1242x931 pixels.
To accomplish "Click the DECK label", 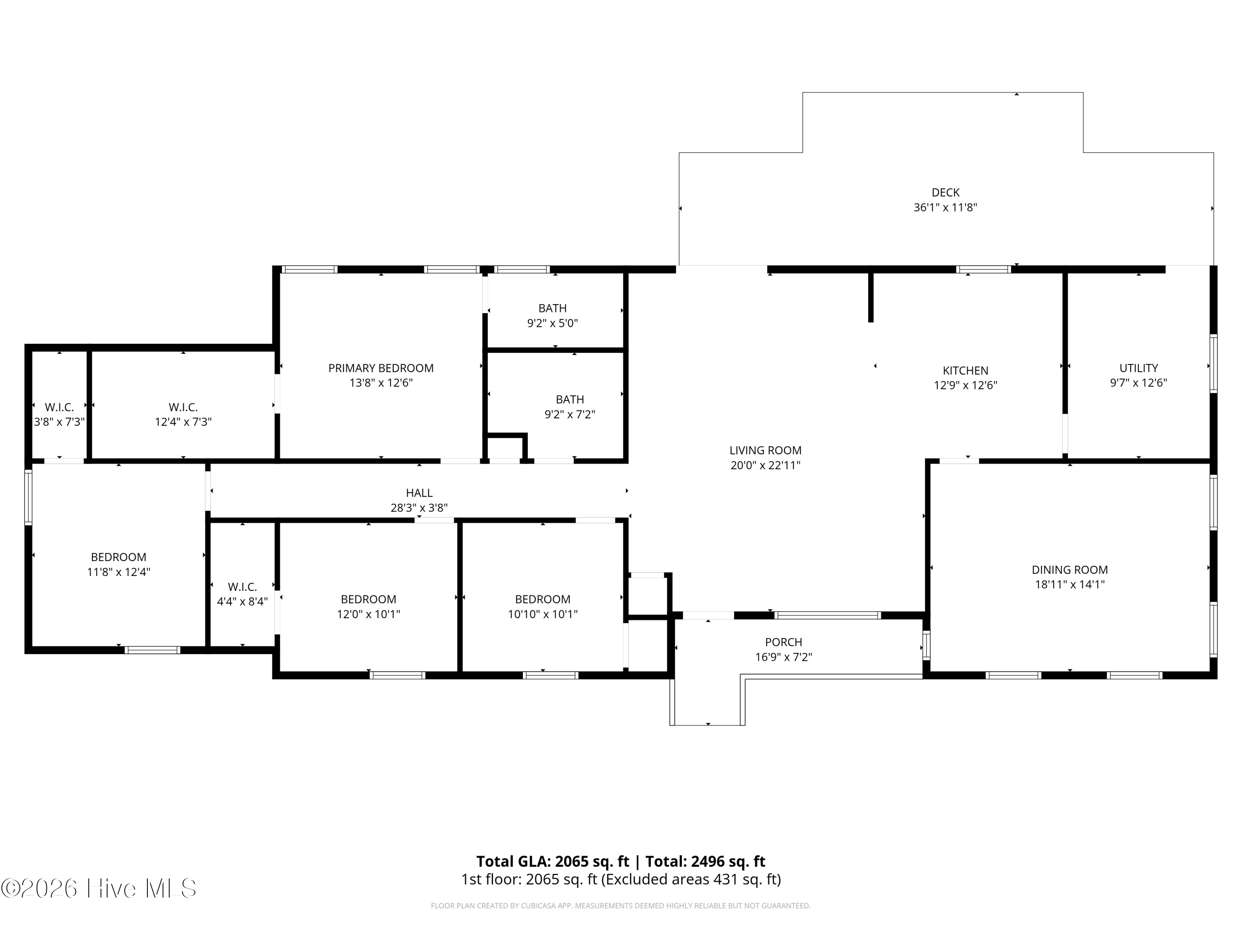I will [946, 192].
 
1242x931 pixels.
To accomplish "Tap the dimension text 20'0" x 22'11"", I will [765, 465].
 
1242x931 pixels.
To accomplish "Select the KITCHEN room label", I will [965, 370].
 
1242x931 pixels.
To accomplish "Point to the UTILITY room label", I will [1138, 368].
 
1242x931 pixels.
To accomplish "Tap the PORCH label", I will [783, 642].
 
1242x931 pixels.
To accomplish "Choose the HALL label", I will [419, 493].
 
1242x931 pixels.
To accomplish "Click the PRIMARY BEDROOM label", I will [381, 368].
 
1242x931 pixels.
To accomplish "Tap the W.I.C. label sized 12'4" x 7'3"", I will [183, 408].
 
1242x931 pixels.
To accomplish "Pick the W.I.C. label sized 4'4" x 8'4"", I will [242, 587].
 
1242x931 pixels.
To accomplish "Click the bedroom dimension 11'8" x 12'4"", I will [118, 572].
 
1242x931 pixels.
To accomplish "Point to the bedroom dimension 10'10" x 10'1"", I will [542, 614].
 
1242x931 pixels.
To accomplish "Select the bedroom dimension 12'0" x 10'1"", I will [368, 614].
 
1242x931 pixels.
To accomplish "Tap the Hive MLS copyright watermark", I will [99, 888].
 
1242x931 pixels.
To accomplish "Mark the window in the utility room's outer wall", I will [1213, 363].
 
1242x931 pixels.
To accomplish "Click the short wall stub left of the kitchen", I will [871, 296].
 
